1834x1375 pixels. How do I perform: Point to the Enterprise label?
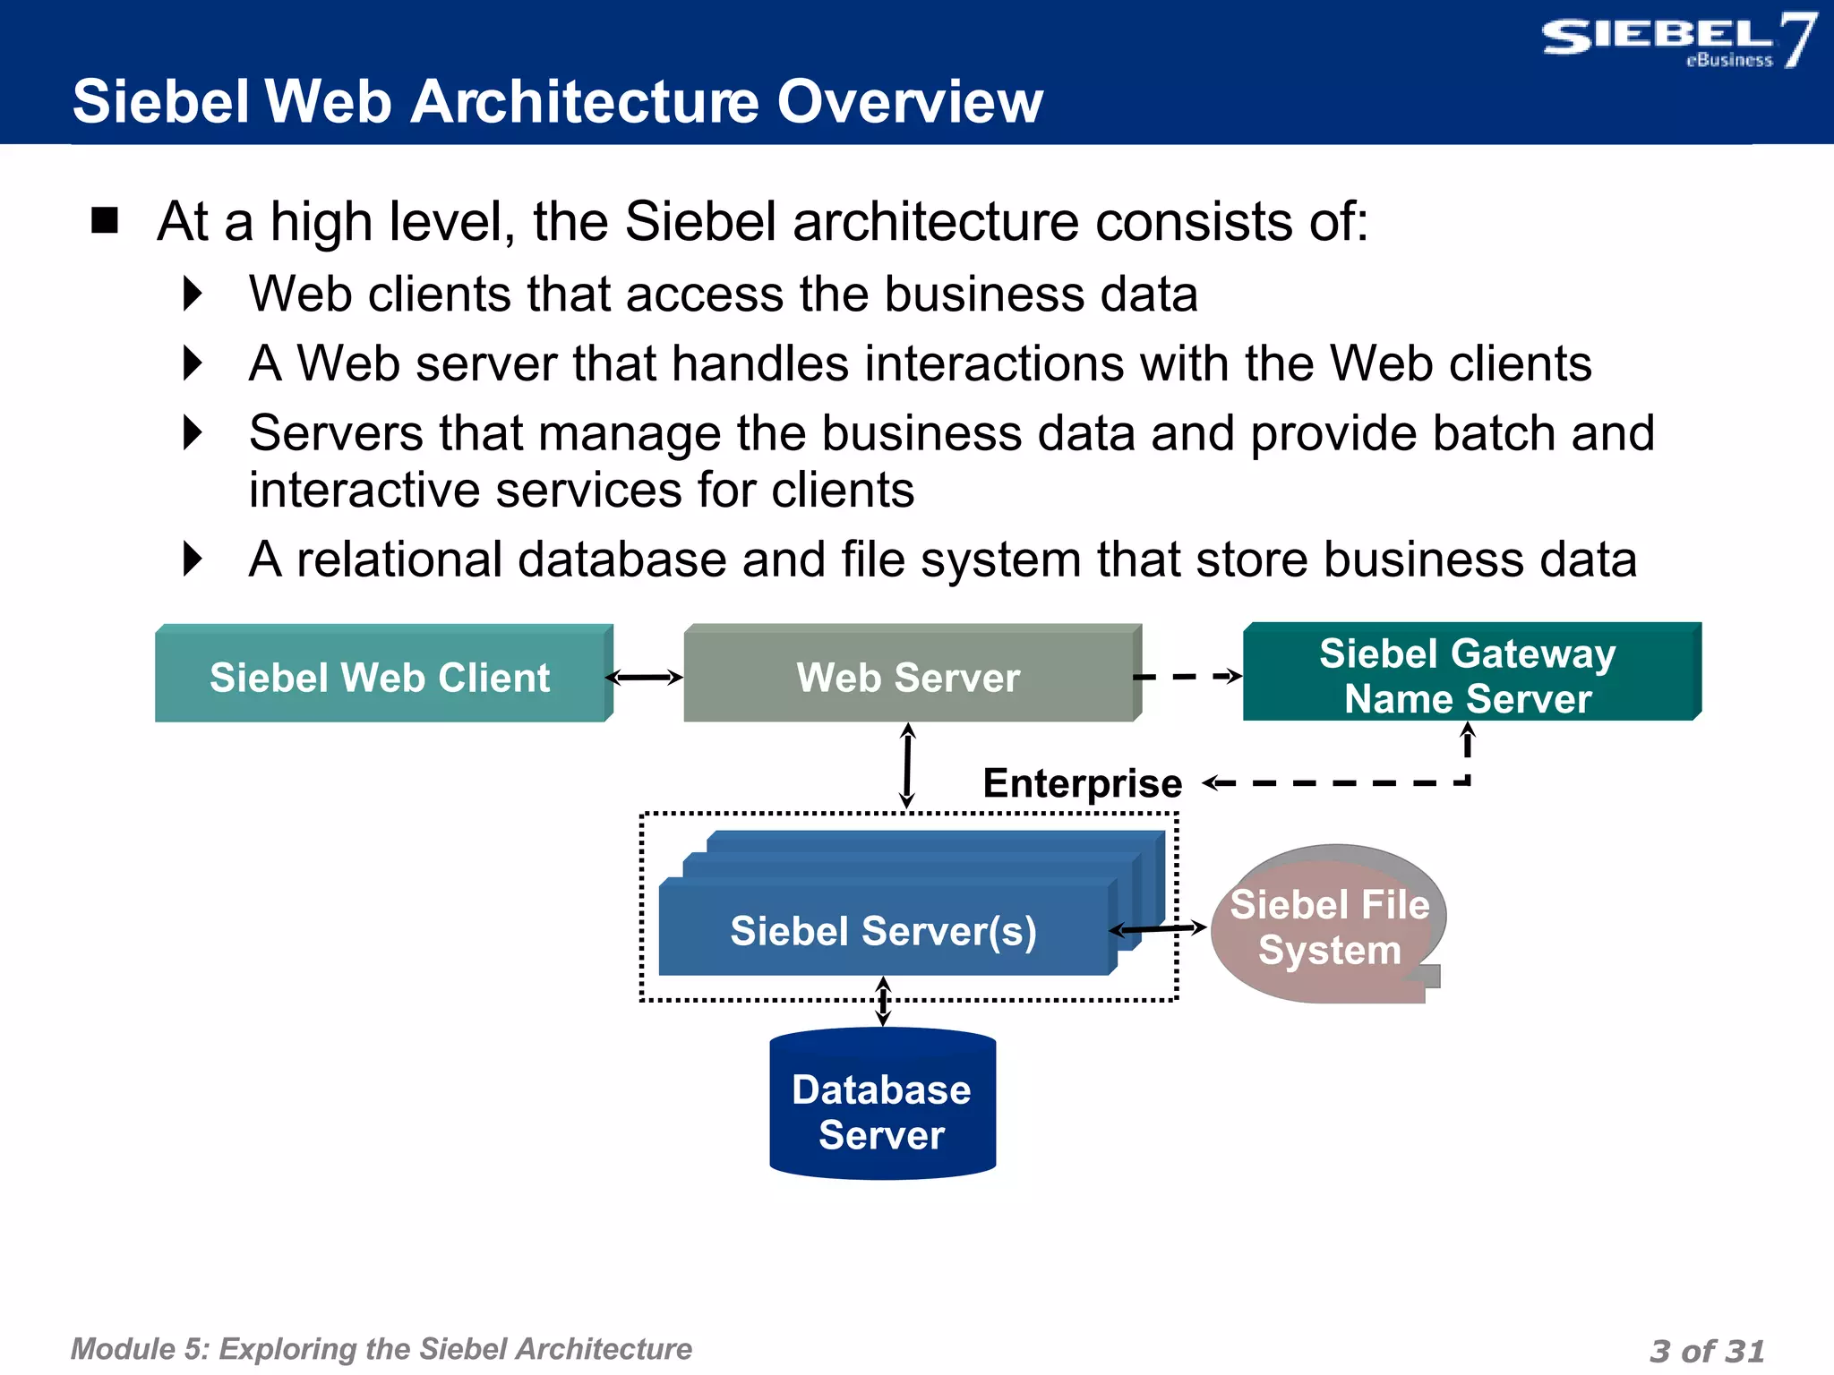1082,783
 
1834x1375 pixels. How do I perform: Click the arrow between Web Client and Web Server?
645,678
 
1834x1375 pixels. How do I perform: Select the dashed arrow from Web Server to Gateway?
1187,677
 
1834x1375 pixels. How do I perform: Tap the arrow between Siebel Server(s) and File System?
1160,929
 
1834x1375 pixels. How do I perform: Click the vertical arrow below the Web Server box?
907,765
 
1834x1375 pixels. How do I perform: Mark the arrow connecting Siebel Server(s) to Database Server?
883,1001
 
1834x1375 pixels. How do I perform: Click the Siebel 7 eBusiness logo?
1676,40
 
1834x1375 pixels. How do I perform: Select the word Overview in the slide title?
909,101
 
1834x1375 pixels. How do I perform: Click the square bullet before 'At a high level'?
105,220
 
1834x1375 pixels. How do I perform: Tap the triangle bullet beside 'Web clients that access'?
193,294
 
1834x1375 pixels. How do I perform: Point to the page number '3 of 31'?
1706,1350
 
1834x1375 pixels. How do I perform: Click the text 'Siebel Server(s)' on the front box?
883,931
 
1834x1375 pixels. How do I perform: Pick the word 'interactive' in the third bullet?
364,491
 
